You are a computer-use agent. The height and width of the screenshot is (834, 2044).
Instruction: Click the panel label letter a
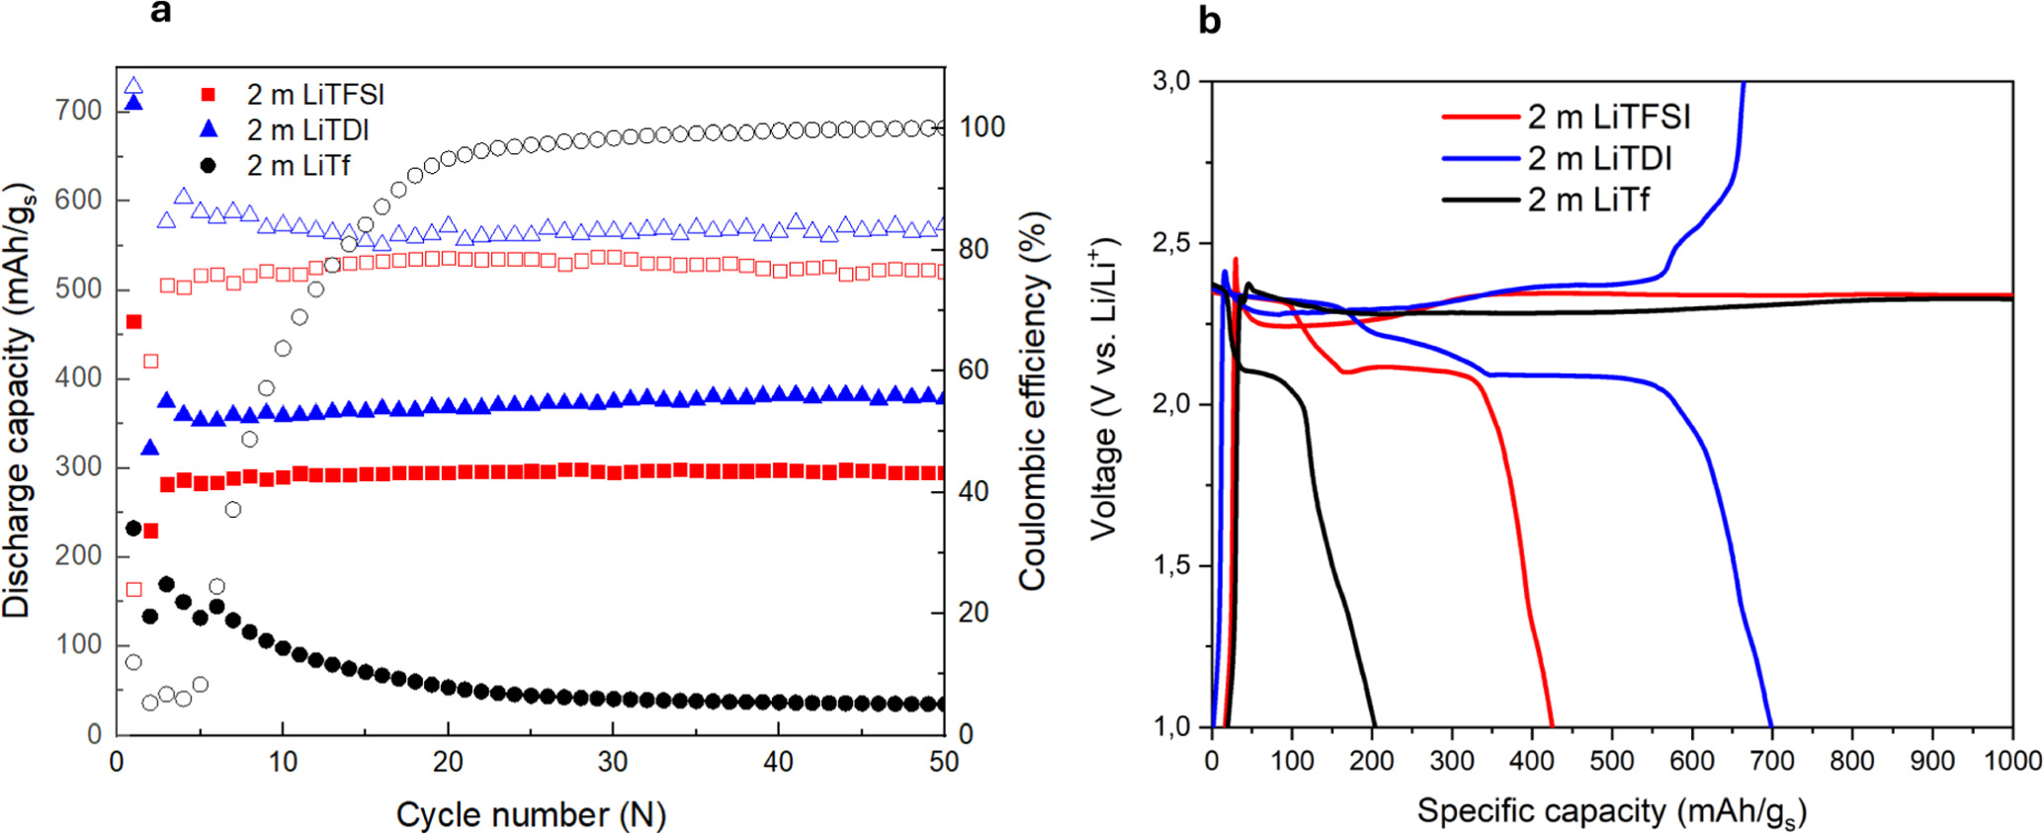pyautogui.click(x=160, y=12)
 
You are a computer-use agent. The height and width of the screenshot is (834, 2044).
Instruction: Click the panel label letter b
pyautogui.click(x=1209, y=21)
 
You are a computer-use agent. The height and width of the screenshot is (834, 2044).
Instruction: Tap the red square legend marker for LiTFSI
pyautogui.click(x=208, y=95)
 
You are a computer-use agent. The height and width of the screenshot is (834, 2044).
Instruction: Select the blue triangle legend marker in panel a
pyautogui.click(x=208, y=129)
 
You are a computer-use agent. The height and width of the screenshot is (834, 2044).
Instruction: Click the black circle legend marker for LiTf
pyautogui.click(x=208, y=165)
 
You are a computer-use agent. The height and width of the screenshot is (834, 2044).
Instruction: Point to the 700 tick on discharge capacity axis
pyautogui.click(x=79, y=111)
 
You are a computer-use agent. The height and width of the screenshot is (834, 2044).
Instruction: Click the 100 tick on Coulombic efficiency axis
pyautogui.click(x=981, y=127)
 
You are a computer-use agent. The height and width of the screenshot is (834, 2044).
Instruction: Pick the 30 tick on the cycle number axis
pyautogui.click(x=613, y=762)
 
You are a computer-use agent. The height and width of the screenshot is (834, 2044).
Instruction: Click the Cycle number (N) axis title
pyautogui.click(x=531, y=815)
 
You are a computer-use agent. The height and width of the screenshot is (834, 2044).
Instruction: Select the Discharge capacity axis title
pyautogui.click(x=18, y=400)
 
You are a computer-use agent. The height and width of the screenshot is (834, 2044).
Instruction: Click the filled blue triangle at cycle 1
pyautogui.click(x=134, y=103)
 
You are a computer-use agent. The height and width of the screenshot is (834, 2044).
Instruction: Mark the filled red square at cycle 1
pyautogui.click(x=134, y=322)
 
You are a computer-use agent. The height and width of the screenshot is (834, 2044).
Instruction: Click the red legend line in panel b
pyautogui.click(x=1479, y=118)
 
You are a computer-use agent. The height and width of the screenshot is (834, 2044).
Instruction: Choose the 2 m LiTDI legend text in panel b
pyautogui.click(x=1599, y=158)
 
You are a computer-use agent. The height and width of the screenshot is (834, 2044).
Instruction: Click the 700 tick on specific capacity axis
pyautogui.click(x=1772, y=760)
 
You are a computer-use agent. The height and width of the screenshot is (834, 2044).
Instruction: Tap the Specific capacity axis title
pyautogui.click(x=1611, y=811)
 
